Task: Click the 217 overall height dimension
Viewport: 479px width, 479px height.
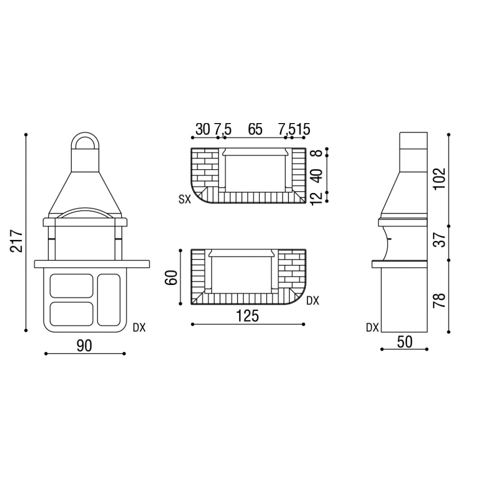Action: [x=16, y=241]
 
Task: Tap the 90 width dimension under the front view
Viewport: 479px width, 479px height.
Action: [x=84, y=346]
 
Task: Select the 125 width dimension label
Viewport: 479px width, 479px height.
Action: [x=248, y=316]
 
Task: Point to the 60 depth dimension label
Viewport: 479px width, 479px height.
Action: [x=171, y=277]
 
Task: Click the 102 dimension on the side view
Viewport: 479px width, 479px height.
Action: [x=440, y=178]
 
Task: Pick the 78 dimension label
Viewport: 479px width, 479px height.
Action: [x=440, y=300]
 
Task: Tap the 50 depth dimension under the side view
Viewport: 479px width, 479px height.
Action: [x=404, y=342]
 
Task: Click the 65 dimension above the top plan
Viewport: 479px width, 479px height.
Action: [x=255, y=129]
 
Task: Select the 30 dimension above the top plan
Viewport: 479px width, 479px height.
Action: [x=203, y=129]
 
